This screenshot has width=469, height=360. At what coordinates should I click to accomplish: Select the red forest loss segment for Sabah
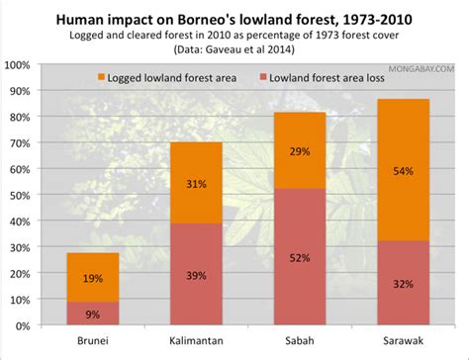(x=298, y=257)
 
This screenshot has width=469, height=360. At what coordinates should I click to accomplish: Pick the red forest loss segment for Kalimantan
(x=196, y=274)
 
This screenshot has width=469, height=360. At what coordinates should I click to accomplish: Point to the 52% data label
(x=298, y=257)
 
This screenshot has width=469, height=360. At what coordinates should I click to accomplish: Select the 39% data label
(x=196, y=275)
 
